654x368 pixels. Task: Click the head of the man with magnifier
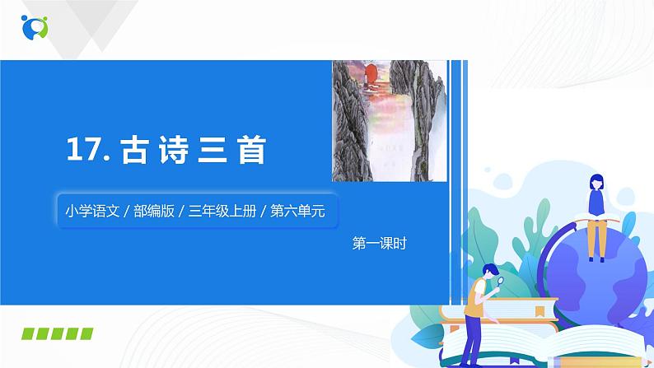[488, 271]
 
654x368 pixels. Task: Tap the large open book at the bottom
[502, 346]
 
